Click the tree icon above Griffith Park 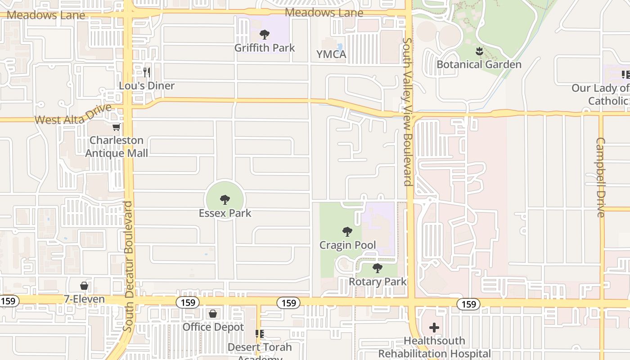[x=265, y=34]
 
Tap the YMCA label [x=331, y=54]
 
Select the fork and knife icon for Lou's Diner [x=147, y=72]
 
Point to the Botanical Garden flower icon [x=479, y=52]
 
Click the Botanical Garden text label [x=479, y=64]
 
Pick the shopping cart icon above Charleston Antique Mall [x=117, y=127]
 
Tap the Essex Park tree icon [x=225, y=200]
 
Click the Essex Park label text [x=225, y=213]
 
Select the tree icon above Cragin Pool [x=347, y=232]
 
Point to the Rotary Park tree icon [x=378, y=268]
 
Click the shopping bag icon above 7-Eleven [x=84, y=286]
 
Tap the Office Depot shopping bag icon [x=213, y=314]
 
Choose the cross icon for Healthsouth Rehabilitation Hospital [x=434, y=327]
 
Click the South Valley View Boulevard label [x=407, y=112]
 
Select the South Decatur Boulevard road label [x=128, y=266]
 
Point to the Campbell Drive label [x=601, y=177]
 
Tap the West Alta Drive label [x=73, y=115]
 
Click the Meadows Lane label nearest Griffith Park [x=324, y=13]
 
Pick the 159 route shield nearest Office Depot [x=188, y=302]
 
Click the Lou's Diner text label [x=147, y=85]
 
